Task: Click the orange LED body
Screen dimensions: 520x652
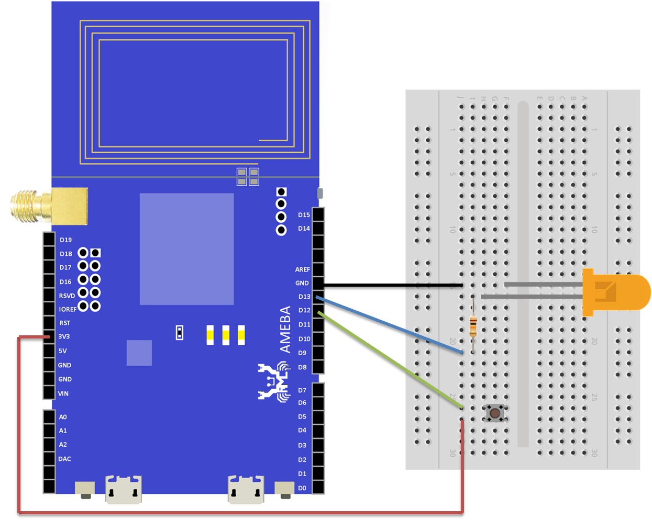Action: [615, 292]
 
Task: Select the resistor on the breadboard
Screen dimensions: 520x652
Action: [473, 326]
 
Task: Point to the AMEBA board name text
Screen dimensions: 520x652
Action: [285, 330]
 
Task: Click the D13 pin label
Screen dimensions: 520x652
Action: [304, 297]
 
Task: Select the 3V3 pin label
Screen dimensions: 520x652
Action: [64, 337]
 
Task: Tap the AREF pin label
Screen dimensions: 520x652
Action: [302, 269]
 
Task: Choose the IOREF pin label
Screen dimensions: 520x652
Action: [68, 310]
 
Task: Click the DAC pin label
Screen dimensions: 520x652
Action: [64, 459]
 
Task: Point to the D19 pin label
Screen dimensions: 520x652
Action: [65, 240]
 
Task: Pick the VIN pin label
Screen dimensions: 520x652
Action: [63, 393]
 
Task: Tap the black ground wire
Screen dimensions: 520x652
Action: [393, 286]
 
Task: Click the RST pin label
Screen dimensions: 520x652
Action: [64, 323]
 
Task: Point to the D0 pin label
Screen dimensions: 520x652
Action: [302, 488]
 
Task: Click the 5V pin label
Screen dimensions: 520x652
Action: [62, 351]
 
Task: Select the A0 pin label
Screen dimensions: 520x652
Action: [63, 417]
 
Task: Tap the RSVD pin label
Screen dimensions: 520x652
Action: [67, 296]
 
